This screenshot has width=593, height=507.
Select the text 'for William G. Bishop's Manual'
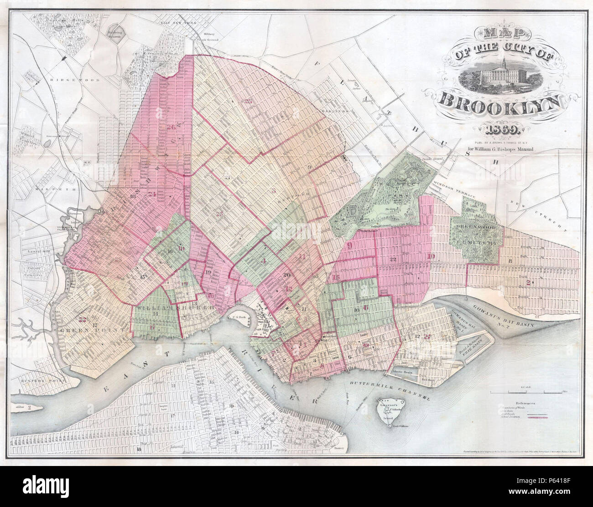(x=500, y=148)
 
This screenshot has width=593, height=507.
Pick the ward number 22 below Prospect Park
(x=394, y=259)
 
